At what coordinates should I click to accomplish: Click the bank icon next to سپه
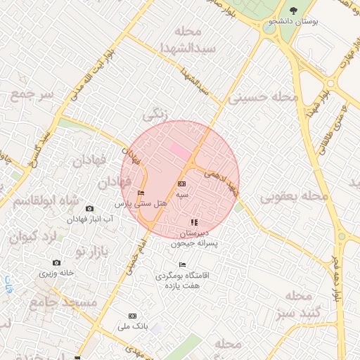(181, 184)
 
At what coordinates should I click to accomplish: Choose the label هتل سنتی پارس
(141, 203)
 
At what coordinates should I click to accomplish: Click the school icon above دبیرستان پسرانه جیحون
(194, 222)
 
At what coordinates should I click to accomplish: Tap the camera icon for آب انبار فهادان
(89, 209)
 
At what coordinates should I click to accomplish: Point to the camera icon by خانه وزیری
(56, 263)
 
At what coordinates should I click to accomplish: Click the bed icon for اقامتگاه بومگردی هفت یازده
(183, 265)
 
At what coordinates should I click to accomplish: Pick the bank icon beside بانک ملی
(134, 316)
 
